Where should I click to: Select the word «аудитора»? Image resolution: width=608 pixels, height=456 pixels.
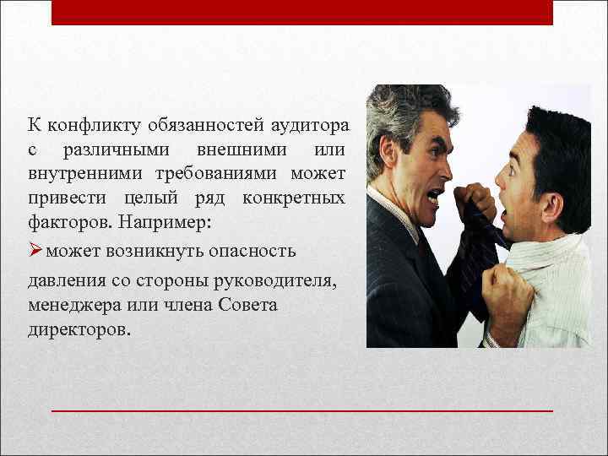pos(309,127)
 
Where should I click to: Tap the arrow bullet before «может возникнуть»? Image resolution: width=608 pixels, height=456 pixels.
pos(35,252)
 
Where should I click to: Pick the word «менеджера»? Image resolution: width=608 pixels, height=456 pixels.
pos(70,304)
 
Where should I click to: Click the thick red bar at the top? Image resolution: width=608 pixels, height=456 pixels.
pos(301,12)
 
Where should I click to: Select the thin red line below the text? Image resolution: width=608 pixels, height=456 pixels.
pos(301,410)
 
